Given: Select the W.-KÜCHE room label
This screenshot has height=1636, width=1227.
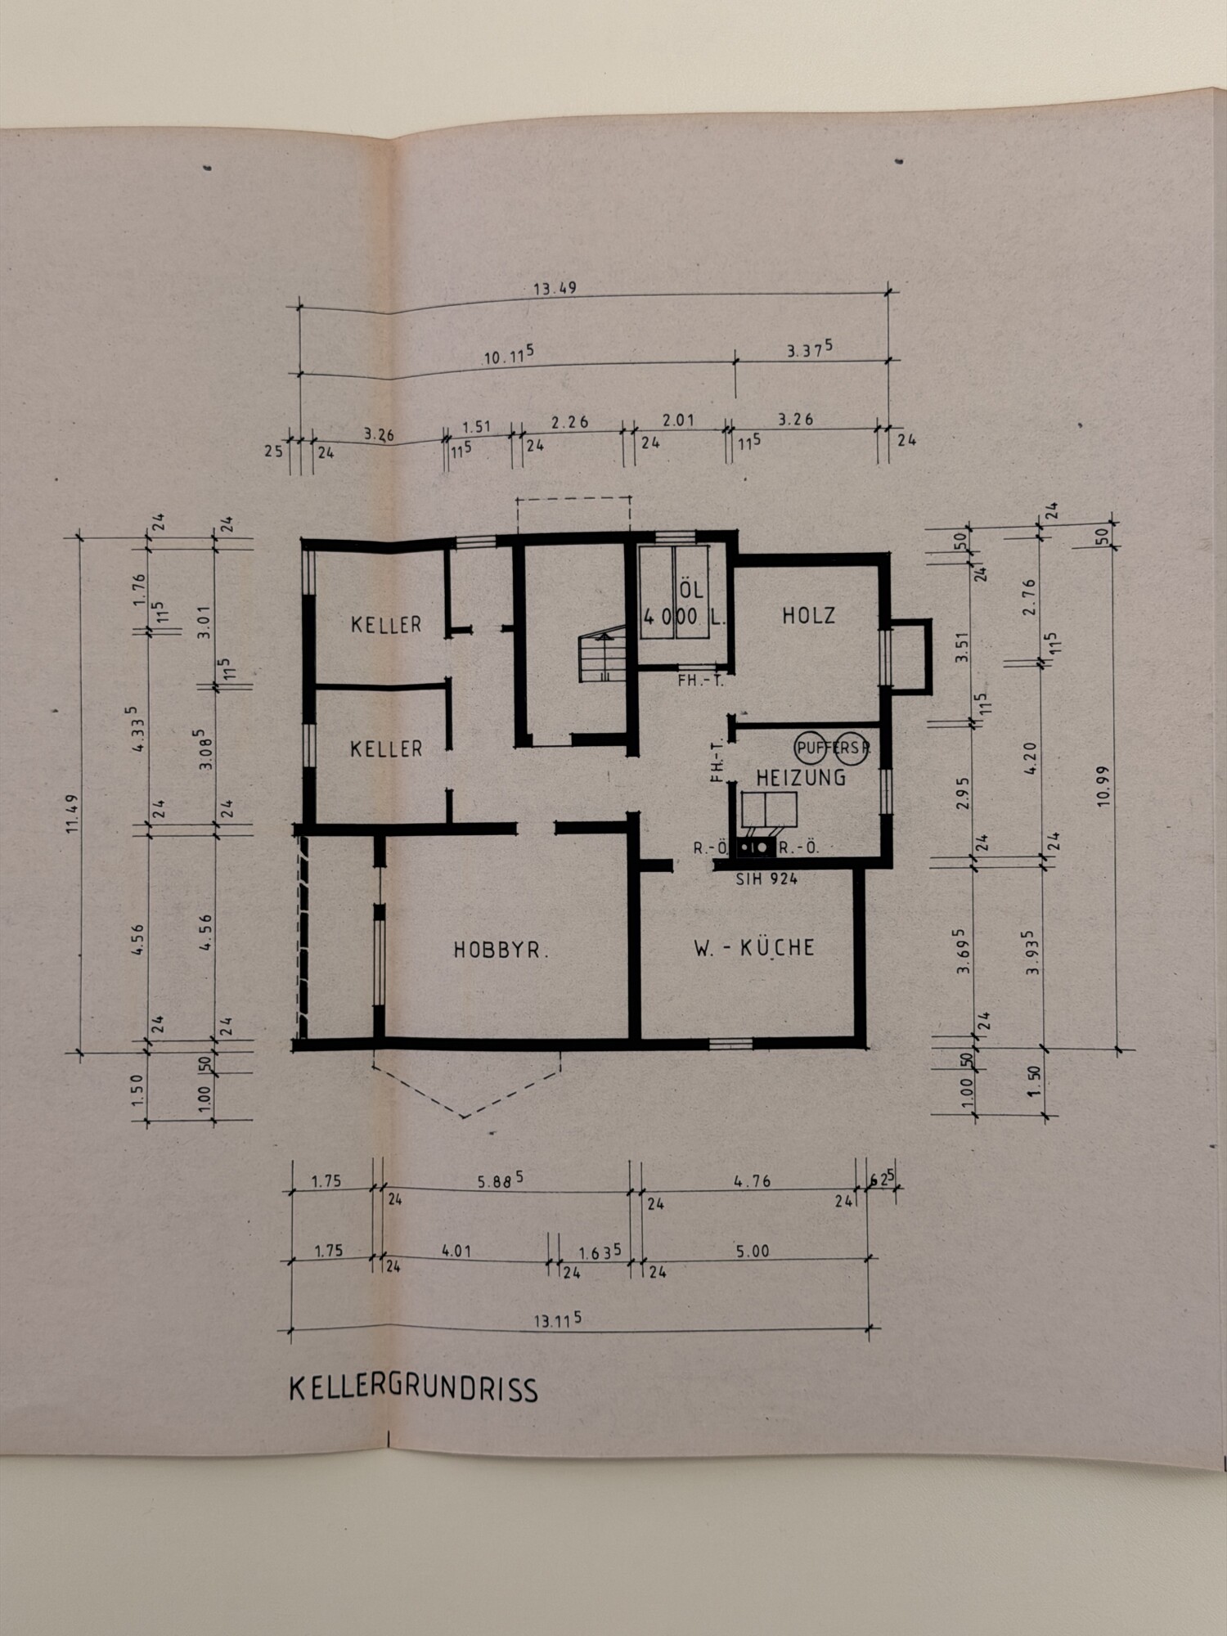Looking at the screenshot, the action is tap(754, 947).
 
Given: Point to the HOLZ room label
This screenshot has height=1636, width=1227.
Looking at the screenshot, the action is tap(809, 615).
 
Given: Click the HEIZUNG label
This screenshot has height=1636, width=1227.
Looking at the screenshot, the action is tap(801, 777).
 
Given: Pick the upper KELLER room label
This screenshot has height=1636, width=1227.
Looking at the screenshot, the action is tap(386, 625).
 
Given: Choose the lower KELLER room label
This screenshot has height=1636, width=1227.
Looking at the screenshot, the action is tap(386, 748).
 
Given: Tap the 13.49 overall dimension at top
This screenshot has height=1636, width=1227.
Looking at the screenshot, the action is tap(555, 288).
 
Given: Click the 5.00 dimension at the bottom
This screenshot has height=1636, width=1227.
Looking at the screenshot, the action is tap(752, 1251).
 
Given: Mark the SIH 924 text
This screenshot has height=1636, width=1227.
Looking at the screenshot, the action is tap(766, 879).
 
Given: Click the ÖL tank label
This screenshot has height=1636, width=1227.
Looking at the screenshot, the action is tap(691, 591).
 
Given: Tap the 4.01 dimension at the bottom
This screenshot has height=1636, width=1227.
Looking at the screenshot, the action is tap(456, 1251).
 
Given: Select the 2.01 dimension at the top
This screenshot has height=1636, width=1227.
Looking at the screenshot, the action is tap(678, 420).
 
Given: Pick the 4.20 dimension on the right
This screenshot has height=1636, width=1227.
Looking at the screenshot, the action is tap(1030, 758).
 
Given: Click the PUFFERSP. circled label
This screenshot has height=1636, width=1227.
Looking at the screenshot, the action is tap(832, 747).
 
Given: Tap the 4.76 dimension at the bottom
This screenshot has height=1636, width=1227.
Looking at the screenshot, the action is tap(752, 1181).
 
